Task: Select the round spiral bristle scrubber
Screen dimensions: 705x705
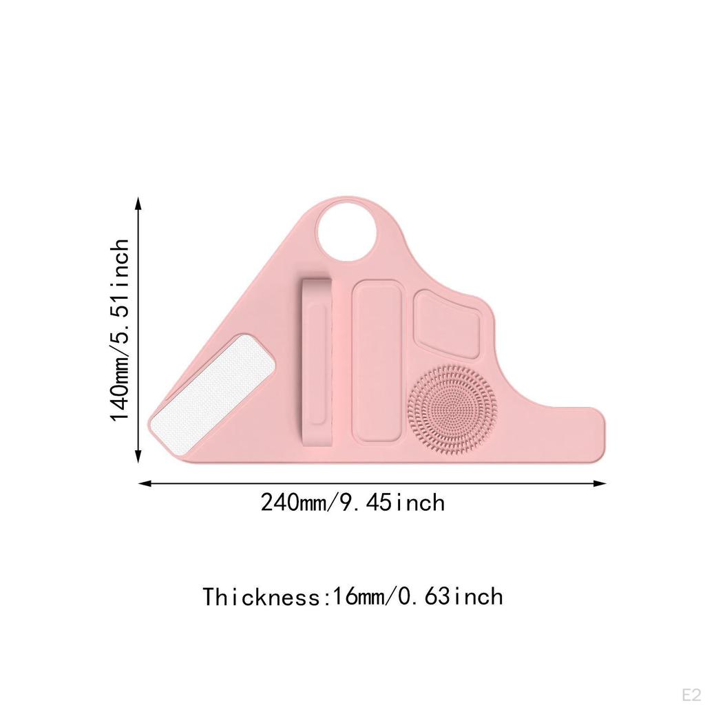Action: click(452, 410)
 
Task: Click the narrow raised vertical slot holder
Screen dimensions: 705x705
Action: click(317, 362)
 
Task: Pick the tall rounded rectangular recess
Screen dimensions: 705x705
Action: click(377, 361)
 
